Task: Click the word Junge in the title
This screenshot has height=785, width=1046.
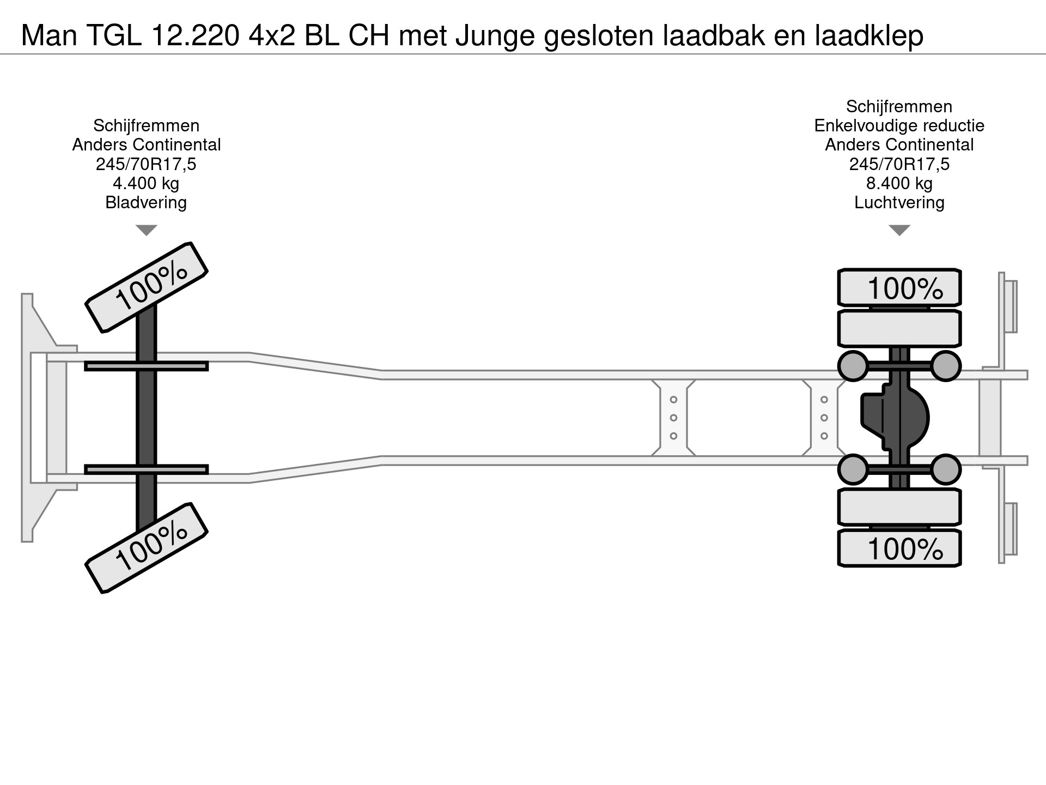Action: click(495, 35)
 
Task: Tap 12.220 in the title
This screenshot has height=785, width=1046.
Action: click(196, 35)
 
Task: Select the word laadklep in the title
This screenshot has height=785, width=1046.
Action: click(869, 35)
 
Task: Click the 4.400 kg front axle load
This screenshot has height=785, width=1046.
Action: click(146, 183)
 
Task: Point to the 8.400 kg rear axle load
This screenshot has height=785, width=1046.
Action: click(899, 183)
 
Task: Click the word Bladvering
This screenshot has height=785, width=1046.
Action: click(146, 202)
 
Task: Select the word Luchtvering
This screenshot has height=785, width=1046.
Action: click(899, 202)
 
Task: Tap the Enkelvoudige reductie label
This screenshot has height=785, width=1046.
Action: click(899, 125)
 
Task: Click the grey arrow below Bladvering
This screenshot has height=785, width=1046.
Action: click(146, 230)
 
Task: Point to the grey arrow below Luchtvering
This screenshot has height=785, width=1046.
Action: click(899, 230)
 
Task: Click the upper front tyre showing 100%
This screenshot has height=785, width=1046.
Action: click(147, 287)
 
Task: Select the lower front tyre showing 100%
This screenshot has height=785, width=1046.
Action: click(147, 548)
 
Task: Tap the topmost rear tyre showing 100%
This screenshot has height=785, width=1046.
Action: click(899, 287)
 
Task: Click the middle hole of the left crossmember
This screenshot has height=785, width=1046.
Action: click(673, 418)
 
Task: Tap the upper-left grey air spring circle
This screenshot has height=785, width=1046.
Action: click(853, 366)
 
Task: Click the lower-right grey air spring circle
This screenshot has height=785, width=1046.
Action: click(945, 469)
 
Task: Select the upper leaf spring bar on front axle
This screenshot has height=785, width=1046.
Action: click(146, 366)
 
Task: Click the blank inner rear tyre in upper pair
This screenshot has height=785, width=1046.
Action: click(899, 328)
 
